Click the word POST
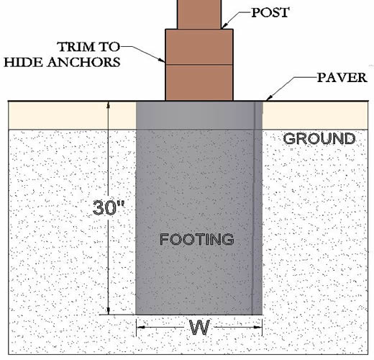[270, 12]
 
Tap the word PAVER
[342, 78]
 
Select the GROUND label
[319, 138]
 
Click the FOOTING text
[197, 239]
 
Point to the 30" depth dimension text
[109, 207]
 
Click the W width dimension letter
[199, 328]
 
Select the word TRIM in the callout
[76, 47]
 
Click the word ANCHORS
[83, 62]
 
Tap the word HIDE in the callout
[24, 63]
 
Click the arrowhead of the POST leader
[224, 26]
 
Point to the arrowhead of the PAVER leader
[269, 97]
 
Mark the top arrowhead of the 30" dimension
[109, 106]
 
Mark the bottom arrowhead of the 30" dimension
[109, 310]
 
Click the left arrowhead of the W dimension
[141, 327]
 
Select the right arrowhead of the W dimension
[257, 327]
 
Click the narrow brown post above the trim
[199, 14]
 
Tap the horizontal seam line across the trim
[199, 65]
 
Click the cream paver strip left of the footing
[73, 115]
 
